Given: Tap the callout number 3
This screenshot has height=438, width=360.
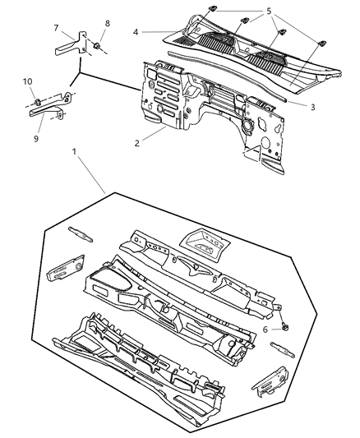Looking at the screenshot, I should pos(312,106).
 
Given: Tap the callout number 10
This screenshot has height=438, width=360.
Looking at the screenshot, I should pos(26,81).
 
